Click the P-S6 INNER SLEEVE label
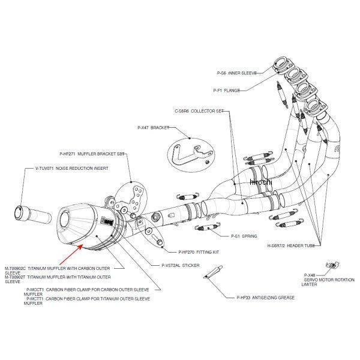click(236, 73)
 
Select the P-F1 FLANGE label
click(226, 91)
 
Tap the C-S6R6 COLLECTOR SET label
click(199, 111)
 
